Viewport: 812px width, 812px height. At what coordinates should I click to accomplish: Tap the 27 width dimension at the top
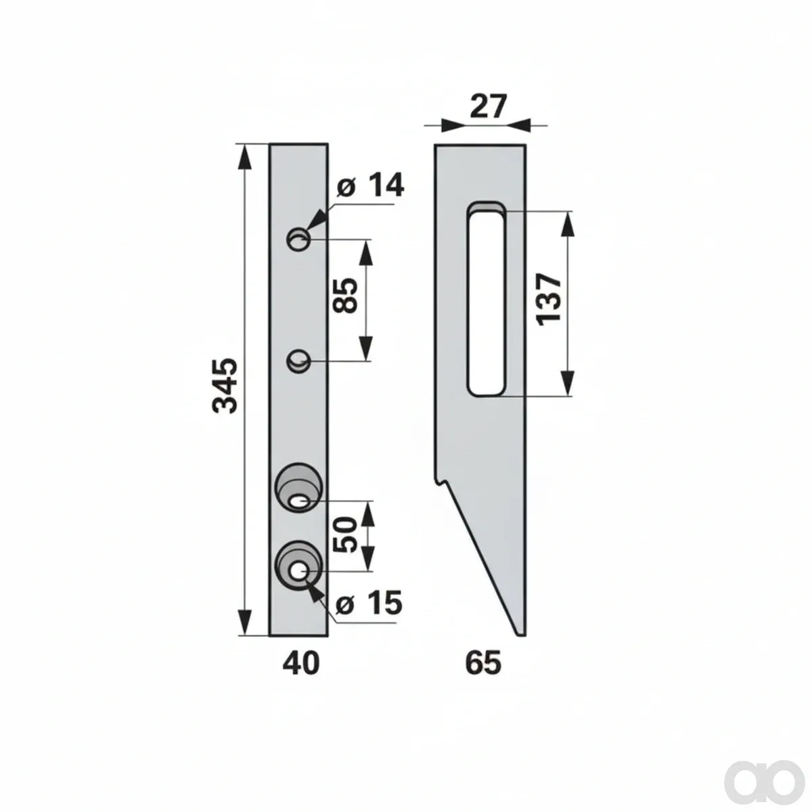click(487, 107)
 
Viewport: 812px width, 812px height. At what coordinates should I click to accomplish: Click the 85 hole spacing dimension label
click(345, 296)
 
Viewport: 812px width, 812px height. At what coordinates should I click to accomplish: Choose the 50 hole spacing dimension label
click(345, 535)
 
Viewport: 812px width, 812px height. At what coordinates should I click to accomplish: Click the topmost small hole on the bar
click(299, 240)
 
